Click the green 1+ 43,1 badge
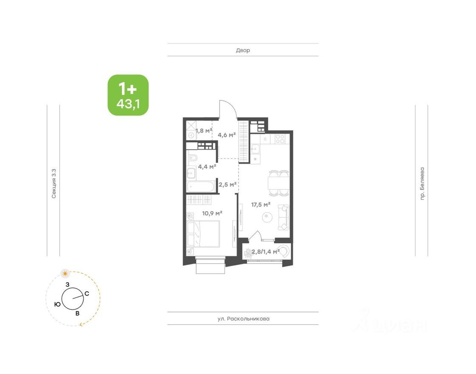(128, 95)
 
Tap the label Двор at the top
(243, 50)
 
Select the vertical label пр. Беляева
(422, 184)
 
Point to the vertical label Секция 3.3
(54, 184)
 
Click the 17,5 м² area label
(261, 204)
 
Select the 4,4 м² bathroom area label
(207, 166)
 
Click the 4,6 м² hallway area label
(226, 135)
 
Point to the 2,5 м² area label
(227, 184)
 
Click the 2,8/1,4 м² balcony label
(265, 252)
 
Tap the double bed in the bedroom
(203, 233)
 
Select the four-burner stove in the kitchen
(279, 139)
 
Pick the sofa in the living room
(283, 215)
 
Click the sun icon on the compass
(65, 272)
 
